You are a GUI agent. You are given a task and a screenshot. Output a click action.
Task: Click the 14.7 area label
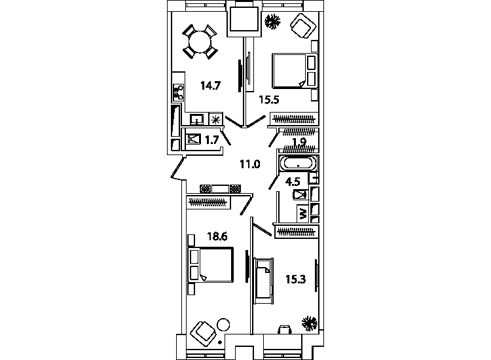click(211, 86)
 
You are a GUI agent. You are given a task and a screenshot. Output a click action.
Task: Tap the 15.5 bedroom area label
click(268, 100)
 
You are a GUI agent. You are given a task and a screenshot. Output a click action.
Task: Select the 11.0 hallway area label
click(250, 164)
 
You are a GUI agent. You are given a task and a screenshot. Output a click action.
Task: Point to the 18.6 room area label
click(217, 236)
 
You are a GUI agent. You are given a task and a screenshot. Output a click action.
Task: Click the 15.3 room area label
click(296, 279)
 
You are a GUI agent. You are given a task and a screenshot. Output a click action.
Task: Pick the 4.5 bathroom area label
click(293, 181)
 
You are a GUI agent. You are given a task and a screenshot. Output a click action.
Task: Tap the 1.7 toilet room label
click(211, 139)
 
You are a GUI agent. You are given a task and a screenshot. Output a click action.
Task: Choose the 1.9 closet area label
click(299, 142)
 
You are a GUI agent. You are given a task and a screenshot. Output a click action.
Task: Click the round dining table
click(200, 43)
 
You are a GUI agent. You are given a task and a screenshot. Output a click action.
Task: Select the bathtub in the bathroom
click(298, 164)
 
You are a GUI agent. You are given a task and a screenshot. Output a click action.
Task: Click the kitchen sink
click(197, 119)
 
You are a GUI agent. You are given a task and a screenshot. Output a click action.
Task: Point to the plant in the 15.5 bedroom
click(272, 22)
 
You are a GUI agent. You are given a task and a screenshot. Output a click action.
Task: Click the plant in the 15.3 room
click(310, 323)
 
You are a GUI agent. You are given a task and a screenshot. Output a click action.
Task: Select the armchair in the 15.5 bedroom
click(303, 26)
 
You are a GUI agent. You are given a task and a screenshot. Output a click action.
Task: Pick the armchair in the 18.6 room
click(204, 334)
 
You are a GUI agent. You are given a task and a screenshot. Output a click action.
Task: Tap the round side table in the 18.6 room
click(223, 325)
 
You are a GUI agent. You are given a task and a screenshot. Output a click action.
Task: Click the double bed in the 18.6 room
click(211, 265)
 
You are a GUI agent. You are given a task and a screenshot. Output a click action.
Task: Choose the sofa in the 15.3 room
click(263, 281)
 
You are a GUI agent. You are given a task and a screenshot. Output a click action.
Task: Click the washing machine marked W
click(303, 213)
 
